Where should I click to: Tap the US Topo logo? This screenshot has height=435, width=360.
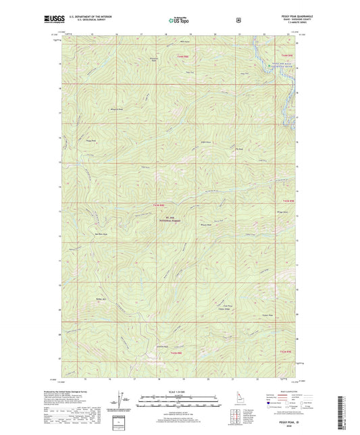pyautogui.click(x=179, y=21)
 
